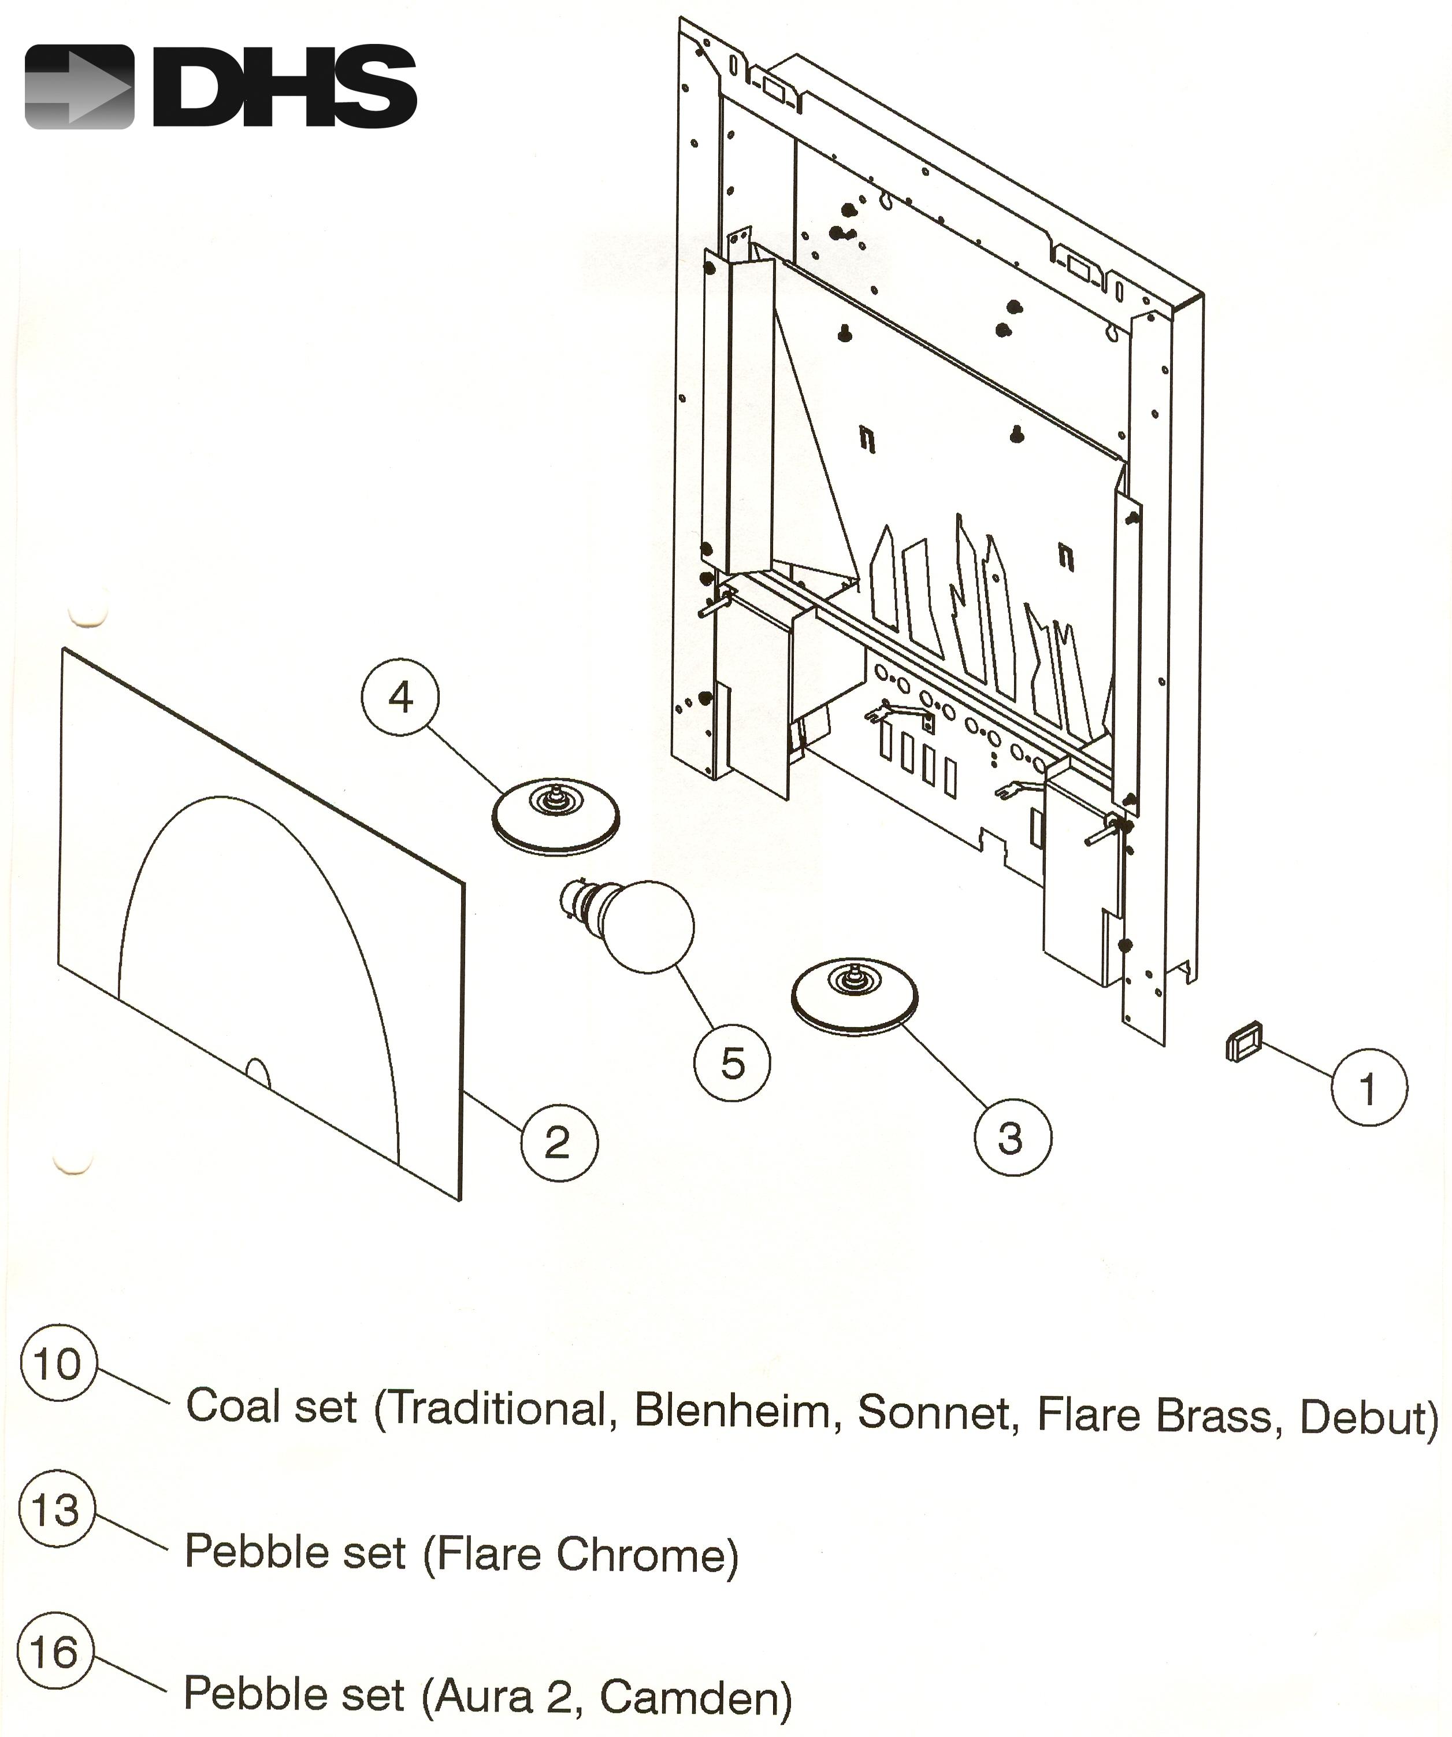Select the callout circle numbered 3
pos(1012,1138)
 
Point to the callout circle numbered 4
pos(400,697)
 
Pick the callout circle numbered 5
pos(733,1063)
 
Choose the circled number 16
pos(54,1653)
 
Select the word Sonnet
pos(933,1412)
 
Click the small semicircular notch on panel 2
pos(259,1073)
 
